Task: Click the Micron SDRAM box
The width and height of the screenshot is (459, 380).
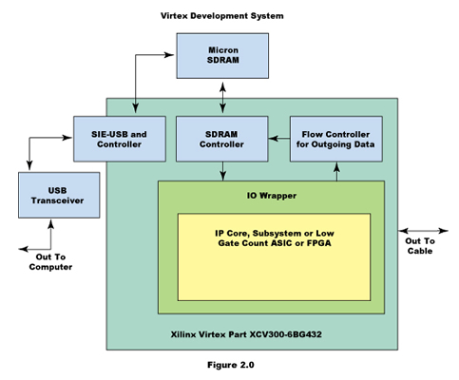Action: point(222,56)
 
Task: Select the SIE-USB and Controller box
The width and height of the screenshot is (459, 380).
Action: point(120,139)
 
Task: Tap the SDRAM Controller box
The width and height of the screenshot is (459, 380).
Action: point(222,139)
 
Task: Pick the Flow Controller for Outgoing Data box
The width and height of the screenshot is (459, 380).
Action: point(336,139)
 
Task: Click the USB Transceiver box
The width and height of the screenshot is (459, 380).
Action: point(59,195)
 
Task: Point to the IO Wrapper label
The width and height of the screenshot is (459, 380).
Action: point(272,196)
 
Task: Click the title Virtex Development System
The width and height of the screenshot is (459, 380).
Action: point(222,16)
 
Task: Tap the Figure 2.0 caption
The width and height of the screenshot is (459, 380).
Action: point(231,365)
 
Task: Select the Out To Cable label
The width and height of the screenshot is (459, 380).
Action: point(420,246)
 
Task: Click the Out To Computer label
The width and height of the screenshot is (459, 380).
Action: point(50,262)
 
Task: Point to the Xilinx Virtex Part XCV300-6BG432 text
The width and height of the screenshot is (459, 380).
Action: point(246,334)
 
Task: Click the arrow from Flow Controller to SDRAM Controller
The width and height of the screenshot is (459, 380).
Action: point(279,139)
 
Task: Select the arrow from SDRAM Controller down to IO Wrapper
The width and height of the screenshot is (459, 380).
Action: point(223,171)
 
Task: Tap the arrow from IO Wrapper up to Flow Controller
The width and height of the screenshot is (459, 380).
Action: point(336,171)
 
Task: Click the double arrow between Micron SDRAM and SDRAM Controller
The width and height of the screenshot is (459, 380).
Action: point(223,98)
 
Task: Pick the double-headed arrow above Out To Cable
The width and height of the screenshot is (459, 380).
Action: point(423,231)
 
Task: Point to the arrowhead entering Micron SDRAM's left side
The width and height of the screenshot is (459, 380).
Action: point(169,55)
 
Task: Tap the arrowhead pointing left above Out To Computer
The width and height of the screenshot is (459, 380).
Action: point(23,249)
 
